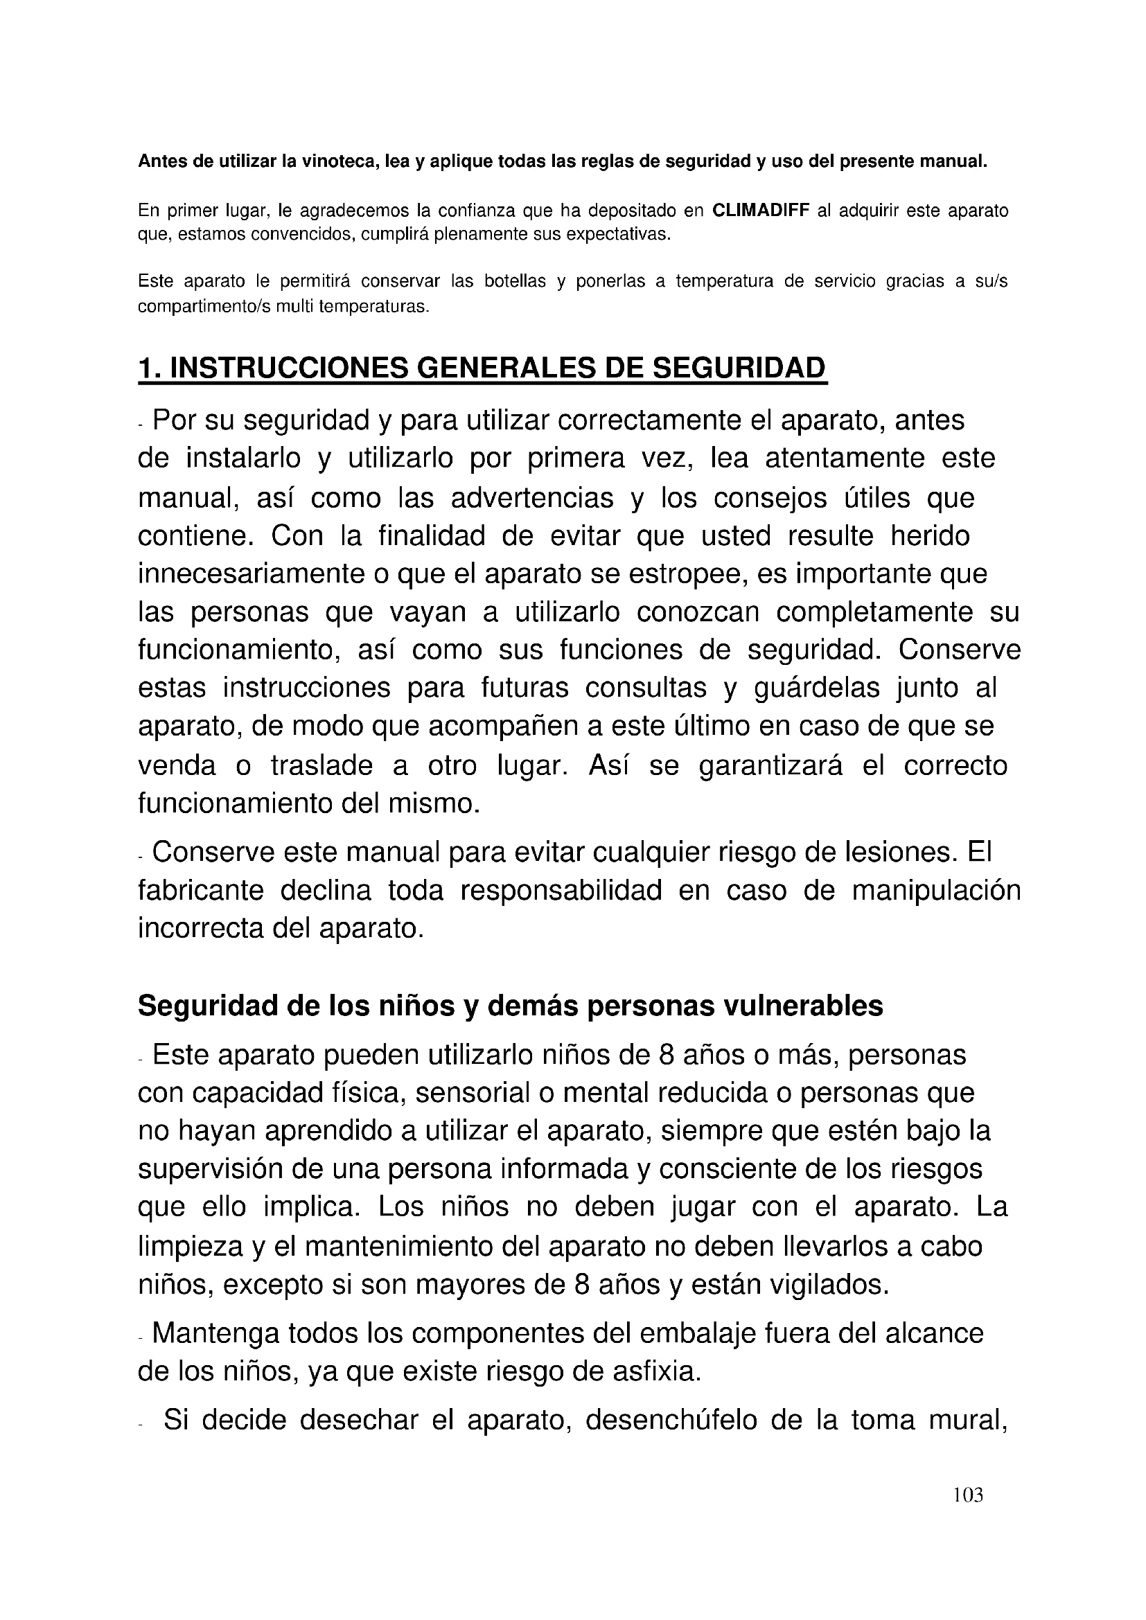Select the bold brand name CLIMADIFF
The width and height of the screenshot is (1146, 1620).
pyautogui.click(x=761, y=211)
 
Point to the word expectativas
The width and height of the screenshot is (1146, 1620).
pyautogui.click(x=610, y=234)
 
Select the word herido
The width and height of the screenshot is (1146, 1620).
pyautogui.click(x=930, y=535)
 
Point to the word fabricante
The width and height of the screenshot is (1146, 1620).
pyautogui.click(x=200, y=891)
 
